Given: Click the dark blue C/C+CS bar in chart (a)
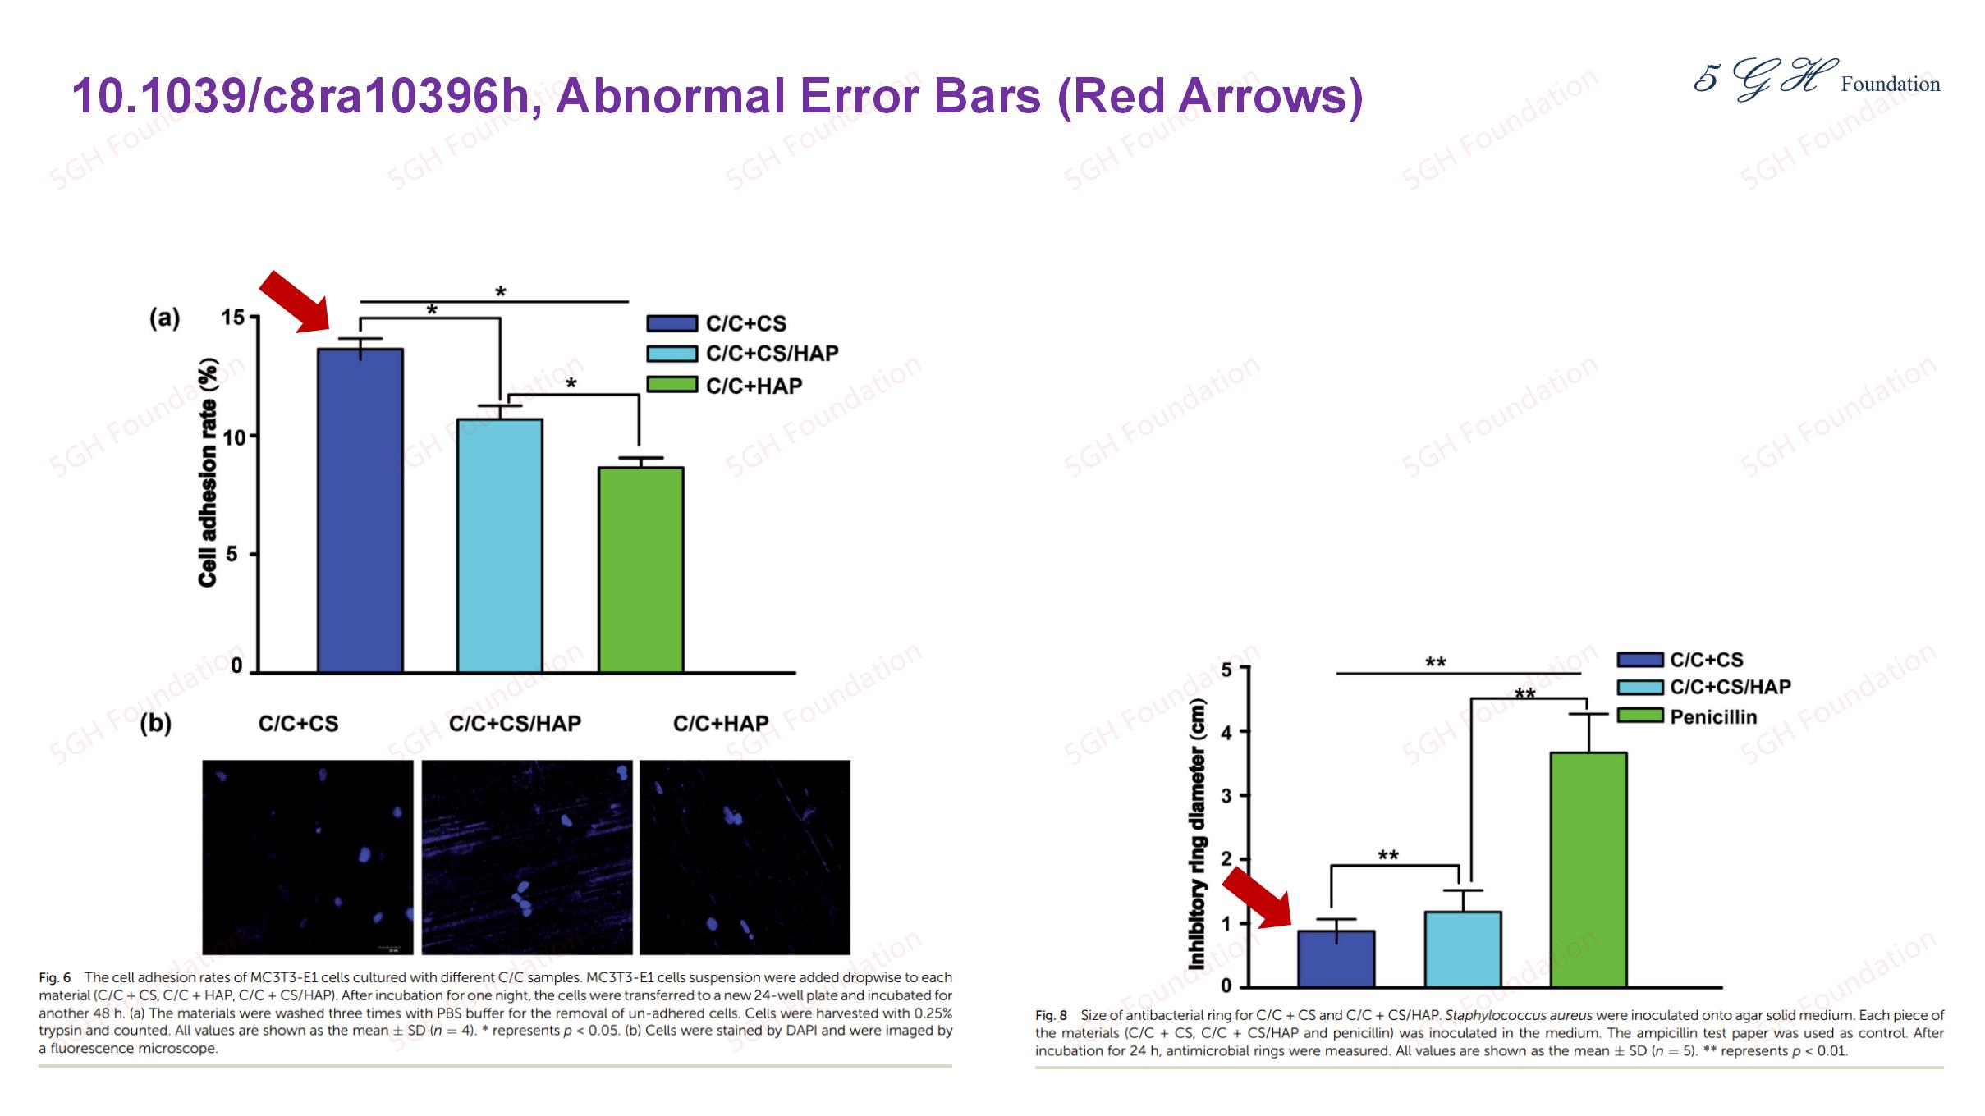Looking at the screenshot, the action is point(360,510).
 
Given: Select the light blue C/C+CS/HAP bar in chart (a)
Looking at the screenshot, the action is point(499,546).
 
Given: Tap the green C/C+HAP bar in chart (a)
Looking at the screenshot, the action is point(640,570).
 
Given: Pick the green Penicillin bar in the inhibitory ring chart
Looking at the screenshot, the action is point(1588,869).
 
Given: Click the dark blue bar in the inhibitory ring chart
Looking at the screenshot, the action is point(1336,958).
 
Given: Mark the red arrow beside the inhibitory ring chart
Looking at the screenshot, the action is point(1257,899).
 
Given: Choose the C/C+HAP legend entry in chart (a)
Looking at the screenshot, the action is point(724,386).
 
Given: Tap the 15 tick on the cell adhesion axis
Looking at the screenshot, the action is point(234,318).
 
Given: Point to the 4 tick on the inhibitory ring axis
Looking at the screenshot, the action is point(1226,731).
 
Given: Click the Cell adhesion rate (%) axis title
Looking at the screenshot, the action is point(209,473).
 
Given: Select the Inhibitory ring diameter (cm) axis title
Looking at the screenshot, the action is point(1198,834).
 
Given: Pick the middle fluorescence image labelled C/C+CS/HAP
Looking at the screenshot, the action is point(527,857).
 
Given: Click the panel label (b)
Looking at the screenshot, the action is point(156,725).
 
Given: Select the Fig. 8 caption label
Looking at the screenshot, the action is point(1051,1015).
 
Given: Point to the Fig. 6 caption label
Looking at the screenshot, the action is point(55,977).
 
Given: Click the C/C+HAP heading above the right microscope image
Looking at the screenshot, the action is point(721,724).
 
